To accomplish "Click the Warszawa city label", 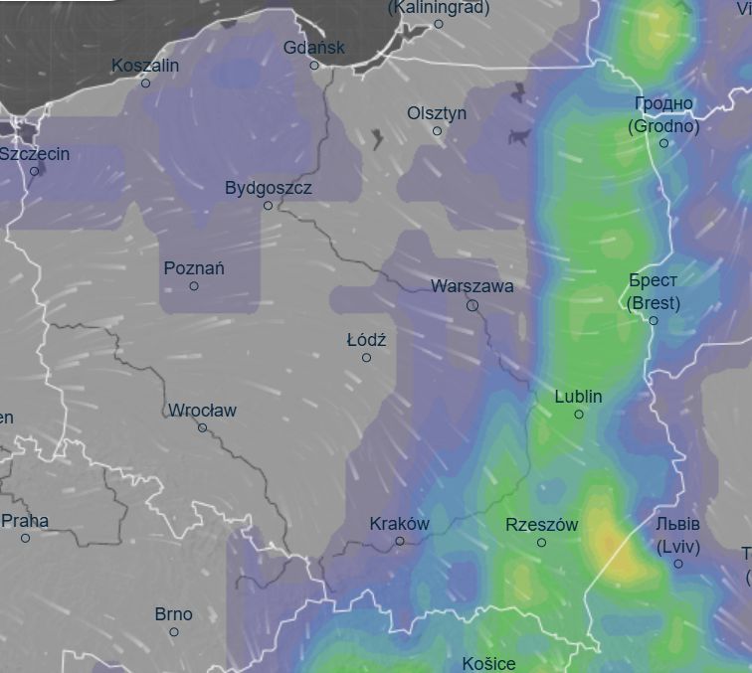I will tap(471, 286).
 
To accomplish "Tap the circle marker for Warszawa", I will tap(472, 306).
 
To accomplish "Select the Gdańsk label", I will tap(313, 47).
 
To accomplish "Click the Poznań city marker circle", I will tap(194, 286).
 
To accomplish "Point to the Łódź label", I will tap(366, 340).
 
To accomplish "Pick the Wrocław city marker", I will tap(202, 427).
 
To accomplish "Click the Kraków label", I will tap(399, 523).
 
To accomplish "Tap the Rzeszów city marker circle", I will tap(541, 543).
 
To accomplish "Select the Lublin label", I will tap(578, 396).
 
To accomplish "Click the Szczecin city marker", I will tap(34, 171).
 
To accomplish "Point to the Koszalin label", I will tap(145, 66).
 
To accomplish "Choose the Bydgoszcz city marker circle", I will tap(268, 206).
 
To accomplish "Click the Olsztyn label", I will tap(437, 113).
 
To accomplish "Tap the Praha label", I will tap(25, 520).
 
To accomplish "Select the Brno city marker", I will tap(174, 632).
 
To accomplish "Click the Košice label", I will tap(488, 662).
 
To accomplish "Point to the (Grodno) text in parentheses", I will tap(663, 126).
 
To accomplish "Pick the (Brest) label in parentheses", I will tap(654, 303).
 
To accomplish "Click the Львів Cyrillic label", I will tap(678, 524).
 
